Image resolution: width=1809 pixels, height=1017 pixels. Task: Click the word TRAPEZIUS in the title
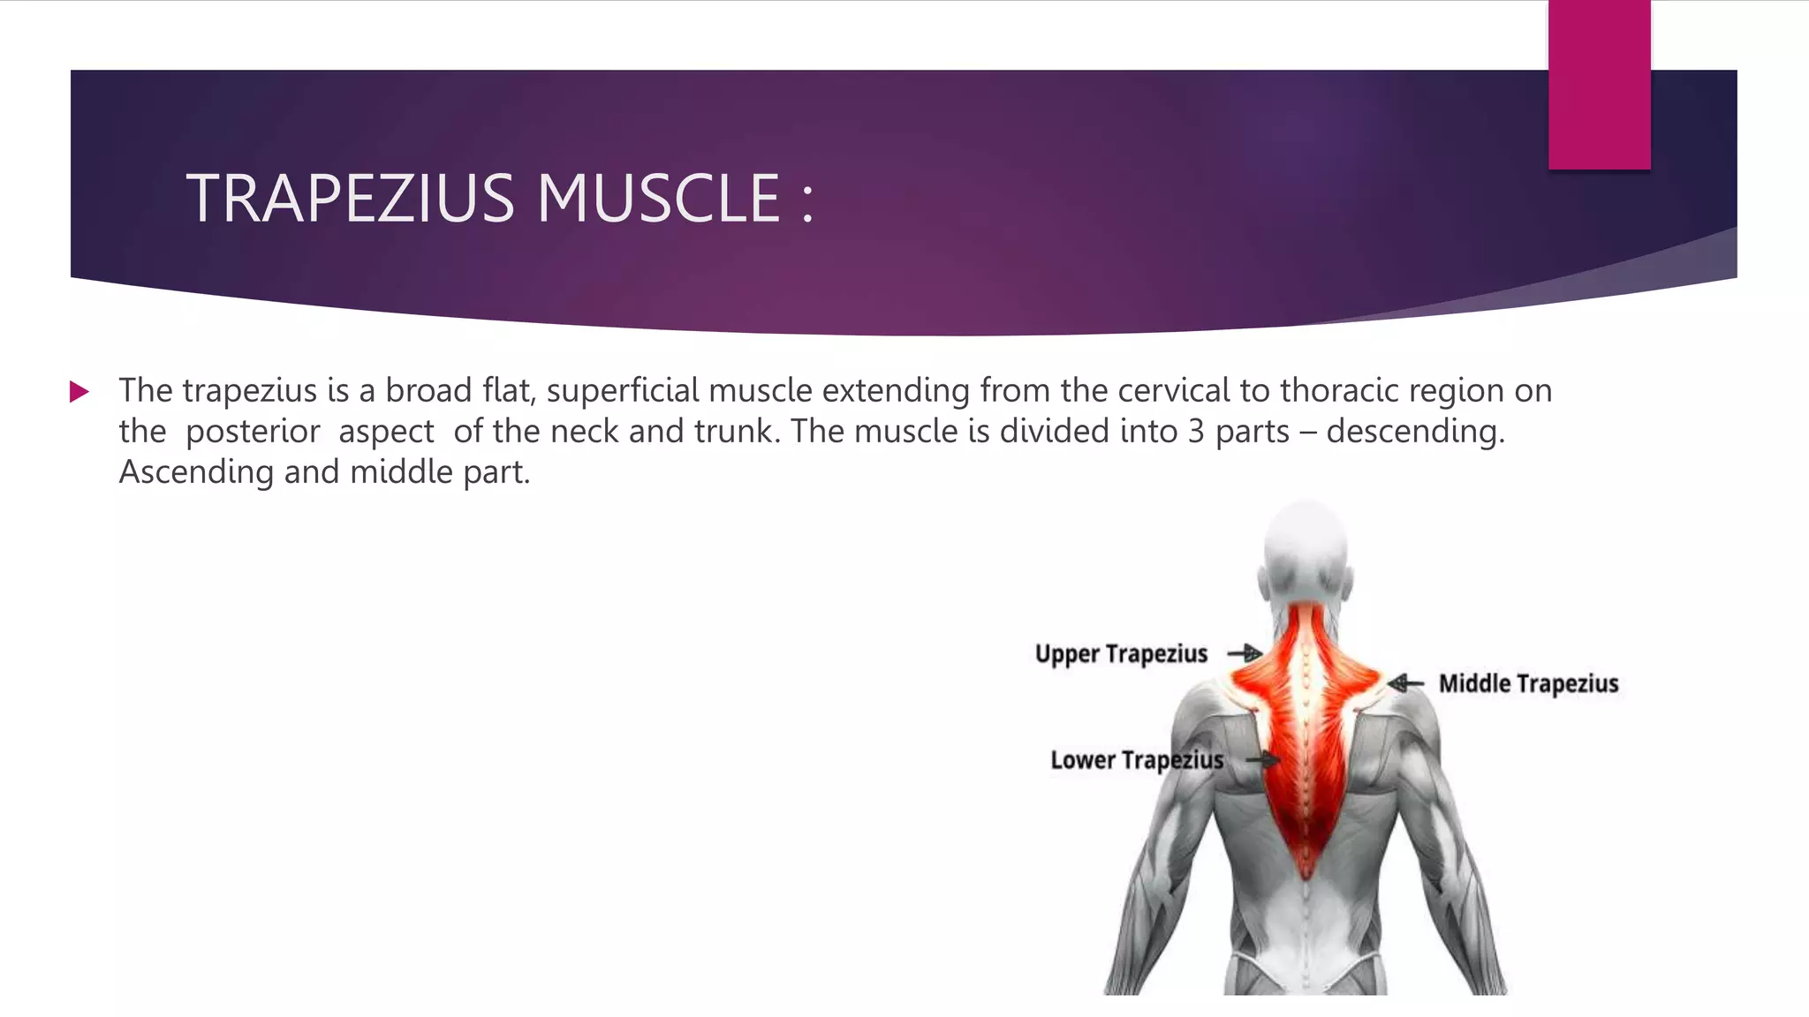[350, 199]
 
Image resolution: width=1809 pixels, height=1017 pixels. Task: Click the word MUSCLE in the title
[658, 199]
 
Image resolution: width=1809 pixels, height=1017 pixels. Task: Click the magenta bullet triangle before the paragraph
[79, 392]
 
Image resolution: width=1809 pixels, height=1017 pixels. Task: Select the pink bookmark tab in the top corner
[1599, 84]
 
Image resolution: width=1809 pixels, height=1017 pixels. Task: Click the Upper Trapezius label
[1121, 654]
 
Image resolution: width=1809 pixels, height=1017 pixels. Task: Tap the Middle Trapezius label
[1529, 683]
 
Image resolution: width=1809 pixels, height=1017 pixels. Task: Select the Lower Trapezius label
[1137, 760]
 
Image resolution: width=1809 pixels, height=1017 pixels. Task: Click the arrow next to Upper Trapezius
[1245, 653]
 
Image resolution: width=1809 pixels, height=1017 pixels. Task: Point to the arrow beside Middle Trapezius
[1405, 683]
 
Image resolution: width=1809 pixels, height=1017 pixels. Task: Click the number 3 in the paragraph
[1196, 432]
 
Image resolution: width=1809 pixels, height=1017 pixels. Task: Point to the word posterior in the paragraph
[253, 432]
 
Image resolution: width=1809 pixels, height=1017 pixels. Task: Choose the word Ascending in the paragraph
[196, 472]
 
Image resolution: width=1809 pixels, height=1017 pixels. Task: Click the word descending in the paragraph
[1415, 432]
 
